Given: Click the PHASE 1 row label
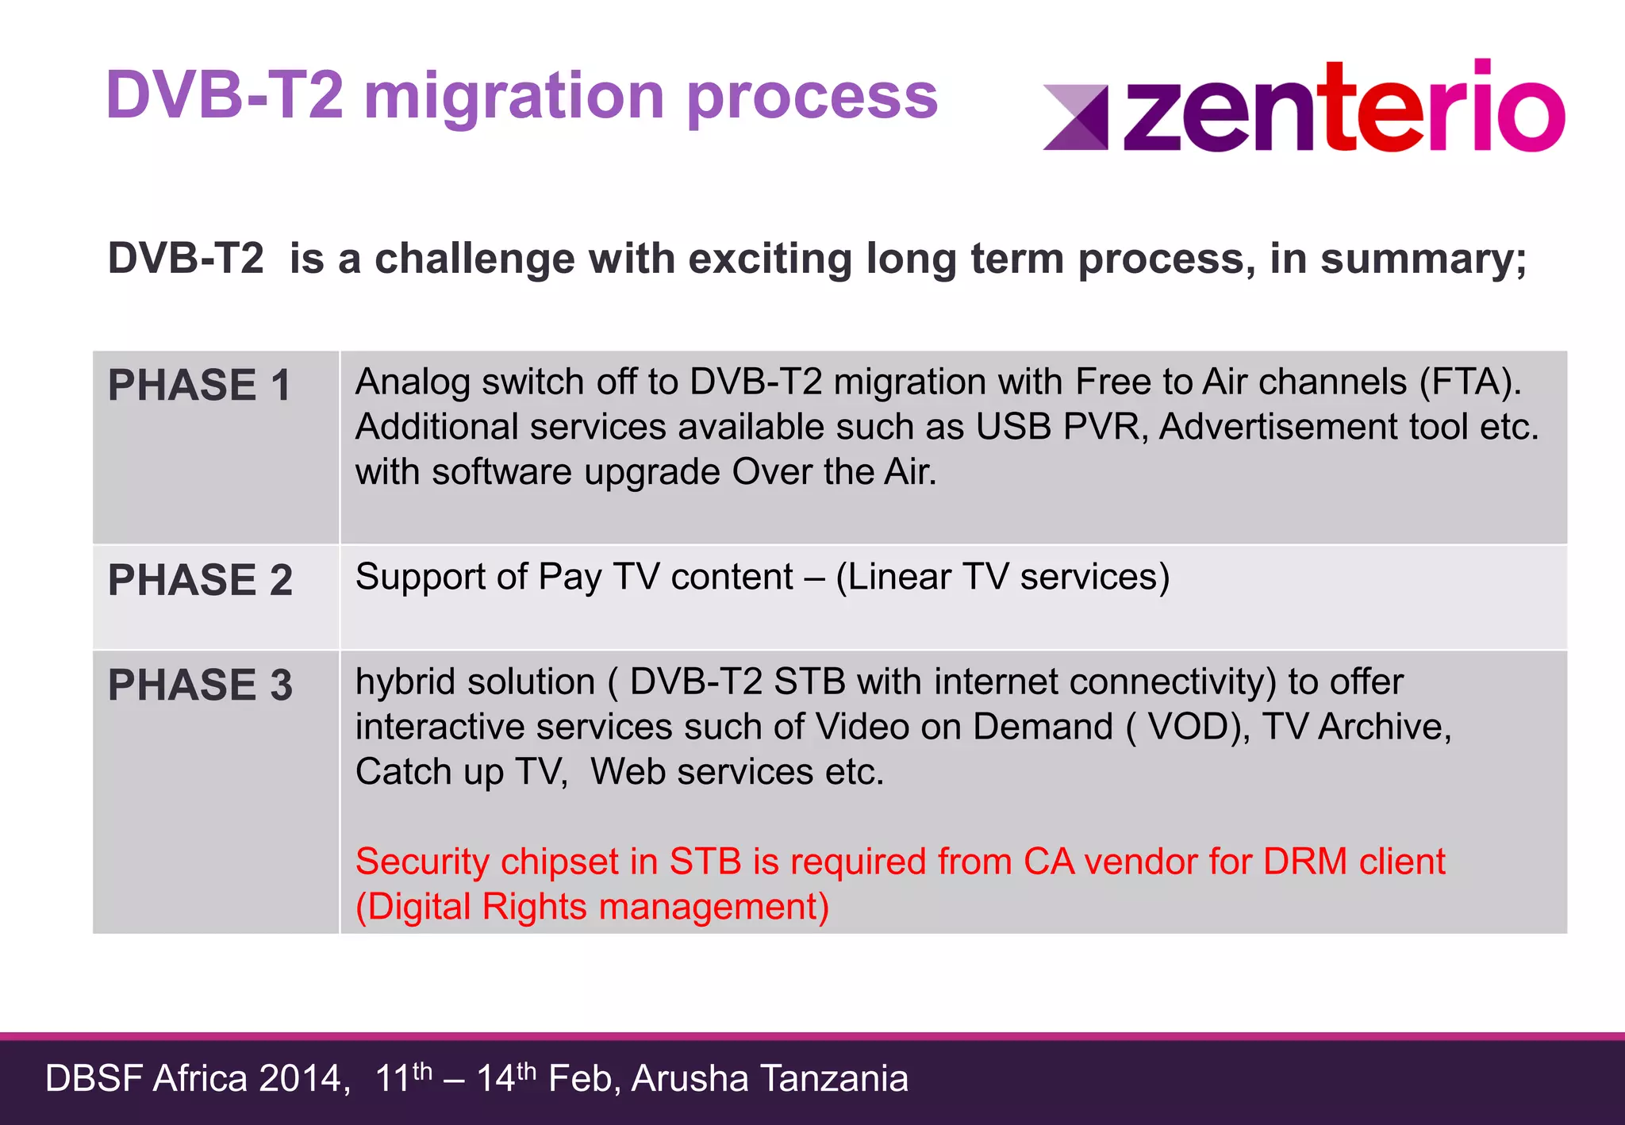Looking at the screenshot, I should coord(199,386).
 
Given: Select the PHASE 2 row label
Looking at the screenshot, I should coord(200,580).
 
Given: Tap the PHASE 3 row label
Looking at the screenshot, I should coord(200,685).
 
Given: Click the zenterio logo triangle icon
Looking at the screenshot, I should coord(1076,117).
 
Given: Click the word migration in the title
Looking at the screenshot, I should coord(514,97).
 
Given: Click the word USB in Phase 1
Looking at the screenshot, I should coord(1012,428).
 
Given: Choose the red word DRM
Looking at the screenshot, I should coord(1304,862).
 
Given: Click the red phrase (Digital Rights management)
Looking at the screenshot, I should coord(592,907).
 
